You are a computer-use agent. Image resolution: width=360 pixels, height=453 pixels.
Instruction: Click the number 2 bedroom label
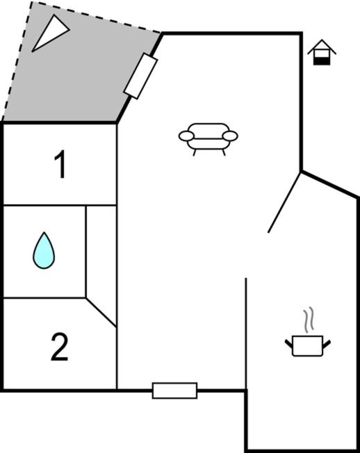tap(60, 347)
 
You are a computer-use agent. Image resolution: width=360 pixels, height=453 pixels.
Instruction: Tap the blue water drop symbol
tap(44, 251)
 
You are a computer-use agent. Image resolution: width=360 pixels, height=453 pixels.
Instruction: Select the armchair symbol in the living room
tap(208, 139)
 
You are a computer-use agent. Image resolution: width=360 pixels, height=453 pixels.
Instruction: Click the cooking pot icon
tap(308, 345)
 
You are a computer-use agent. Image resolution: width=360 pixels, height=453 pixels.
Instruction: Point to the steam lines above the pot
tap(309, 319)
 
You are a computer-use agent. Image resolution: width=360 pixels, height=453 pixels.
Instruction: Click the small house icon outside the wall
tap(322, 52)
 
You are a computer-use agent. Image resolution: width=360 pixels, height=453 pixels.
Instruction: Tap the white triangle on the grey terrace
tap(49, 33)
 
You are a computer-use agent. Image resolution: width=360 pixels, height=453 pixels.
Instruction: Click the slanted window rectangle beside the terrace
tap(140, 76)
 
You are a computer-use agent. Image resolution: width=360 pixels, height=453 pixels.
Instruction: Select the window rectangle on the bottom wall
tap(175, 390)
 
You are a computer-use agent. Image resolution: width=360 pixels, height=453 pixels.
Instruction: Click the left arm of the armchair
tap(186, 135)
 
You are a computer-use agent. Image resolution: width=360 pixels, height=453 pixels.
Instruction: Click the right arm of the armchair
tap(230, 135)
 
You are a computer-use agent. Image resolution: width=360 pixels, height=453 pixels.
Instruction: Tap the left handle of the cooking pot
tap(288, 344)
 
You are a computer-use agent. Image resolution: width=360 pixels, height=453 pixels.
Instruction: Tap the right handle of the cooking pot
tap(327, 344)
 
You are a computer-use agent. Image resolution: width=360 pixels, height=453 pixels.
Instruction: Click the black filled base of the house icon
tap(322, 61)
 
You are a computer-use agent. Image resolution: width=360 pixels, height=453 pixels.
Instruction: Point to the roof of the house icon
tap(322, 47)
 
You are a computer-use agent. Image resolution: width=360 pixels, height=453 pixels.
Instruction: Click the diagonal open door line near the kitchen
tap(284, 202)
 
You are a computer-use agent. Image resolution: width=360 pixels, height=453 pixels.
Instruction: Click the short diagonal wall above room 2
tap(101, 313)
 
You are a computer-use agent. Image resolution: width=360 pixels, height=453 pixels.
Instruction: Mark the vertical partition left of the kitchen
tap(246, 333)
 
